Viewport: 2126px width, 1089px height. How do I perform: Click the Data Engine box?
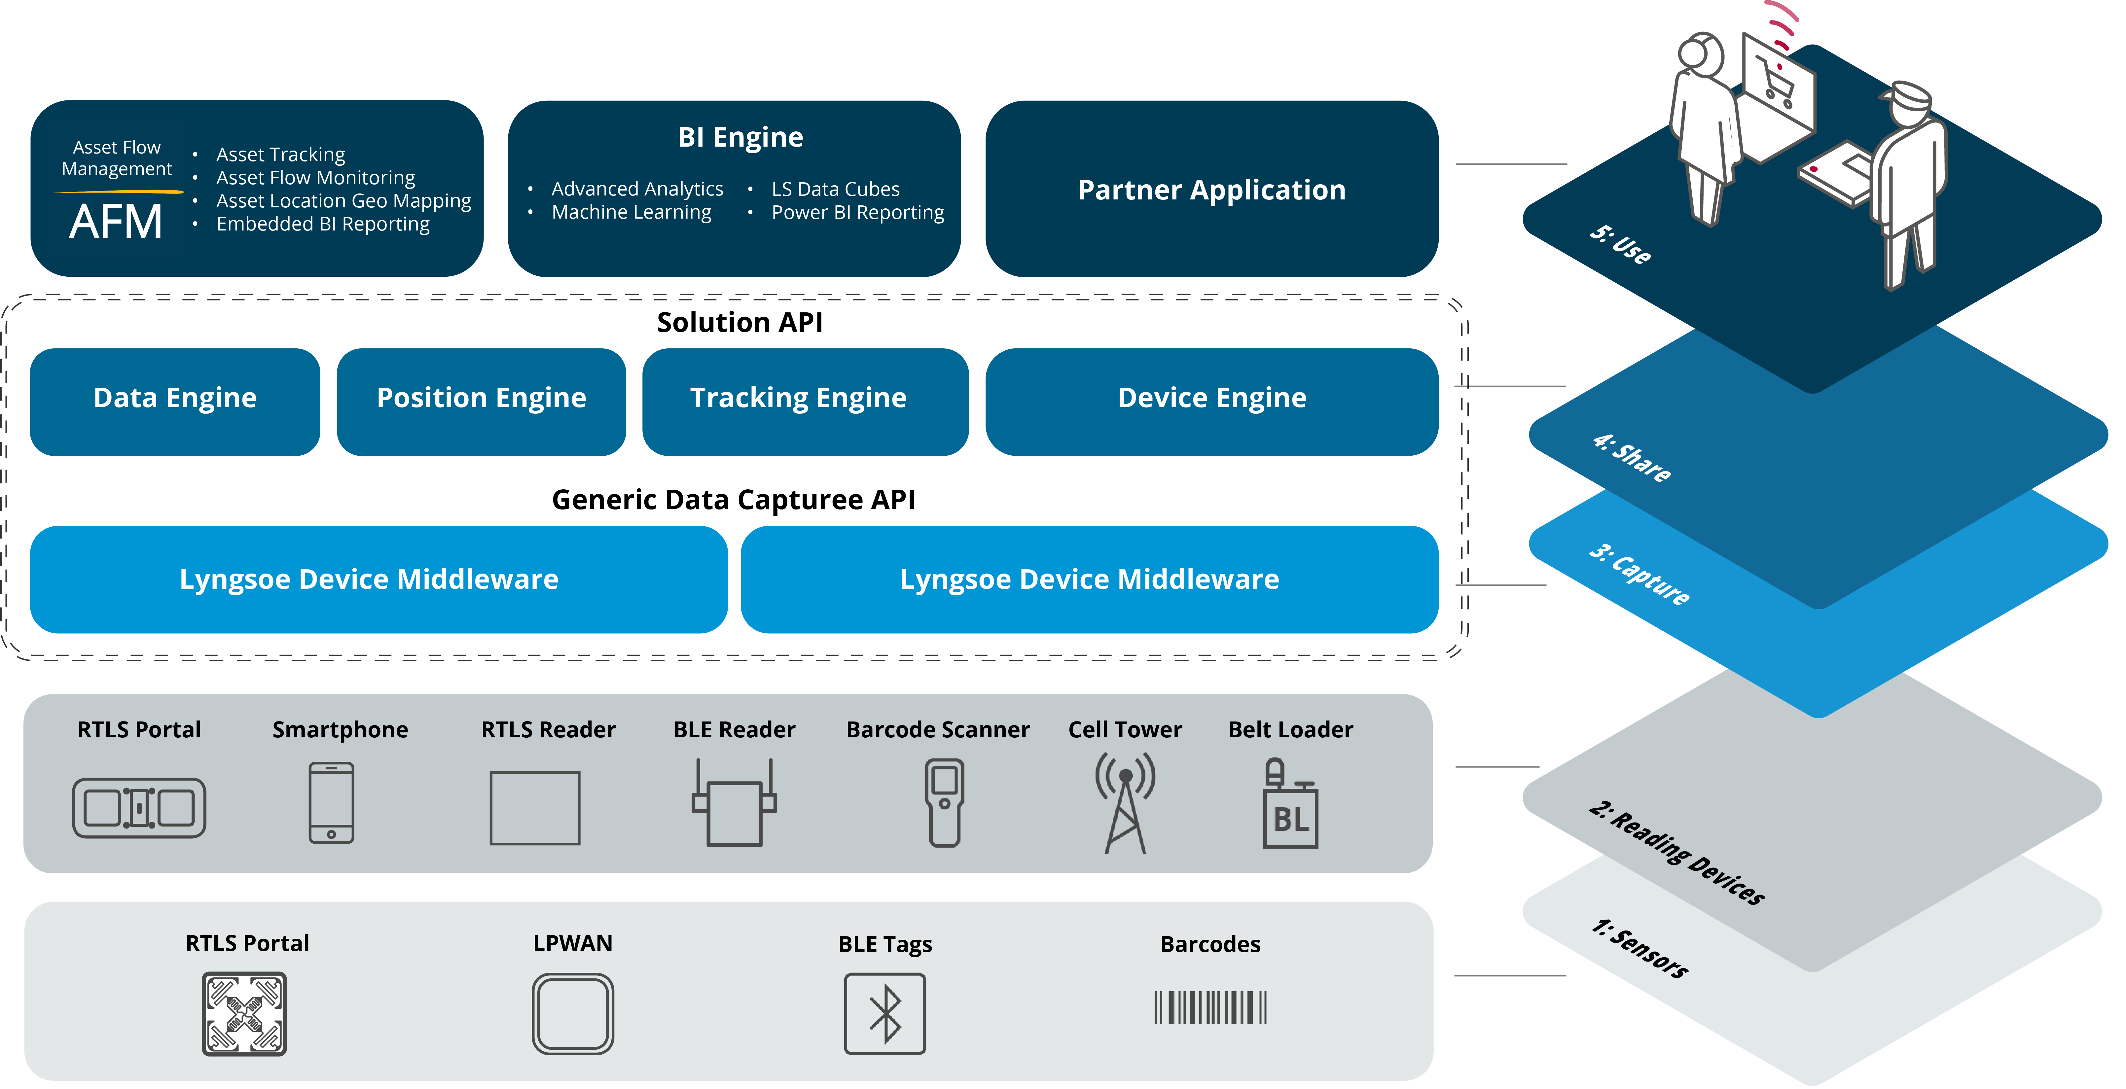[x=175, y=401]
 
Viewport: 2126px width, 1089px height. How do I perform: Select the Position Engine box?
[x=481, y=401]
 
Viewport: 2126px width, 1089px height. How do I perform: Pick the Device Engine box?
[x=1211, y=401]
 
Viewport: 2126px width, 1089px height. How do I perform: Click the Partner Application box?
[x=1211, y=190]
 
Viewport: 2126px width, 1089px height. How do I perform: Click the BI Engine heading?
[x=740, y=137]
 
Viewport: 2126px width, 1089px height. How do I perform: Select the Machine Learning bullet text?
[x=631, y=213]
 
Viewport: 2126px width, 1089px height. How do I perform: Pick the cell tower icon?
[x=1125, y=802]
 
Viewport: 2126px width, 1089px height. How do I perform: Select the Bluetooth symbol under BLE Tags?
[x=885, y=1014]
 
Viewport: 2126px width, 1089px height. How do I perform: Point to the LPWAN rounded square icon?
[x=573, y=1014]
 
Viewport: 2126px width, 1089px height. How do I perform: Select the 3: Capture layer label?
[x=1640, y=575]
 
